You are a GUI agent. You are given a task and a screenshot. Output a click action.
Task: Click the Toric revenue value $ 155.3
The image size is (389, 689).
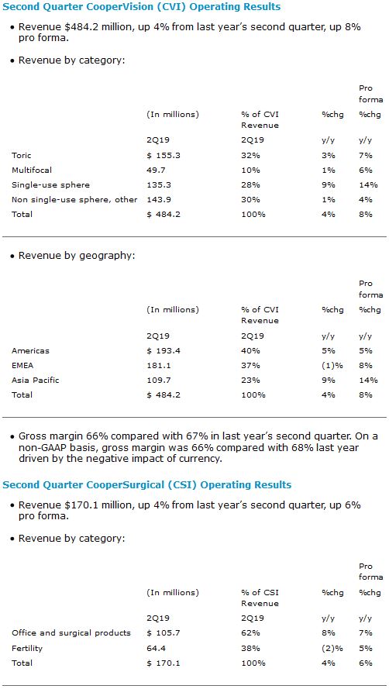[164, 156]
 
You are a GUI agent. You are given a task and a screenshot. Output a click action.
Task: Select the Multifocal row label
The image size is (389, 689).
[30, 170]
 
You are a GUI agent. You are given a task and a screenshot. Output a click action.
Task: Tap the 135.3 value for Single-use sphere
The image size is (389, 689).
[158, 185]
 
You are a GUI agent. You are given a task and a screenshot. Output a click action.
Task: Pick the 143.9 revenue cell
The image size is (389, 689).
[158, 199]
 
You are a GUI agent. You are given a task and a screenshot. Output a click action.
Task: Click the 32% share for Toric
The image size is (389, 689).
[250, 156]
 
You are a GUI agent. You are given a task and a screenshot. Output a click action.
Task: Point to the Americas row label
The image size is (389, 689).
[31, 350]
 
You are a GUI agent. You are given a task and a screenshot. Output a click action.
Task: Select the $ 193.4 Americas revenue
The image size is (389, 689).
[164, 350]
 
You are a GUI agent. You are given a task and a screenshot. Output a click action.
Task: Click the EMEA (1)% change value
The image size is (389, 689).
[330, 365]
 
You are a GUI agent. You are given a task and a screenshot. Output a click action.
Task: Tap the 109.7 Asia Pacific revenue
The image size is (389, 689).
[158, 380]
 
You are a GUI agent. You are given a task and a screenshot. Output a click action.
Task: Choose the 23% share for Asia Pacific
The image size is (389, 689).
[250, 380]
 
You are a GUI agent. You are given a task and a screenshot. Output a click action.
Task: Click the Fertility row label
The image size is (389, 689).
[26, 648]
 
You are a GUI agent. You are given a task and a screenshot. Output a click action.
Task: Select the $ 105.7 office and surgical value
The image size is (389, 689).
[164, 633]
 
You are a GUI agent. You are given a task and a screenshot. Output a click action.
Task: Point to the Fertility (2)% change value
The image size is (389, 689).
[330, 648]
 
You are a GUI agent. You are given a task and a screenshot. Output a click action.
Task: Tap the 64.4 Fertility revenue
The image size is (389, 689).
[156, 648]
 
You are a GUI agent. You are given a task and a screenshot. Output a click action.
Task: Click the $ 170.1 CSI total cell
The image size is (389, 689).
[164, 663]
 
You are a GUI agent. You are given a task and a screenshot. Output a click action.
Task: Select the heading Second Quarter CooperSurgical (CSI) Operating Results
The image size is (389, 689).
[146, 485]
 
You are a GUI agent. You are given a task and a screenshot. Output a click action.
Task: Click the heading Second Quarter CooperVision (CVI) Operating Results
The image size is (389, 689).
[142, 7]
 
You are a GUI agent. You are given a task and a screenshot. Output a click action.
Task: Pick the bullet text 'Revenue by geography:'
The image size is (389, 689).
[77, 256]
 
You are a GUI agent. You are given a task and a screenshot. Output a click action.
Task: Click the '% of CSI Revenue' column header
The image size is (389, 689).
[260, 598]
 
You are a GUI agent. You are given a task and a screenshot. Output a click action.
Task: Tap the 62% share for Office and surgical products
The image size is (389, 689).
[250, 633]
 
